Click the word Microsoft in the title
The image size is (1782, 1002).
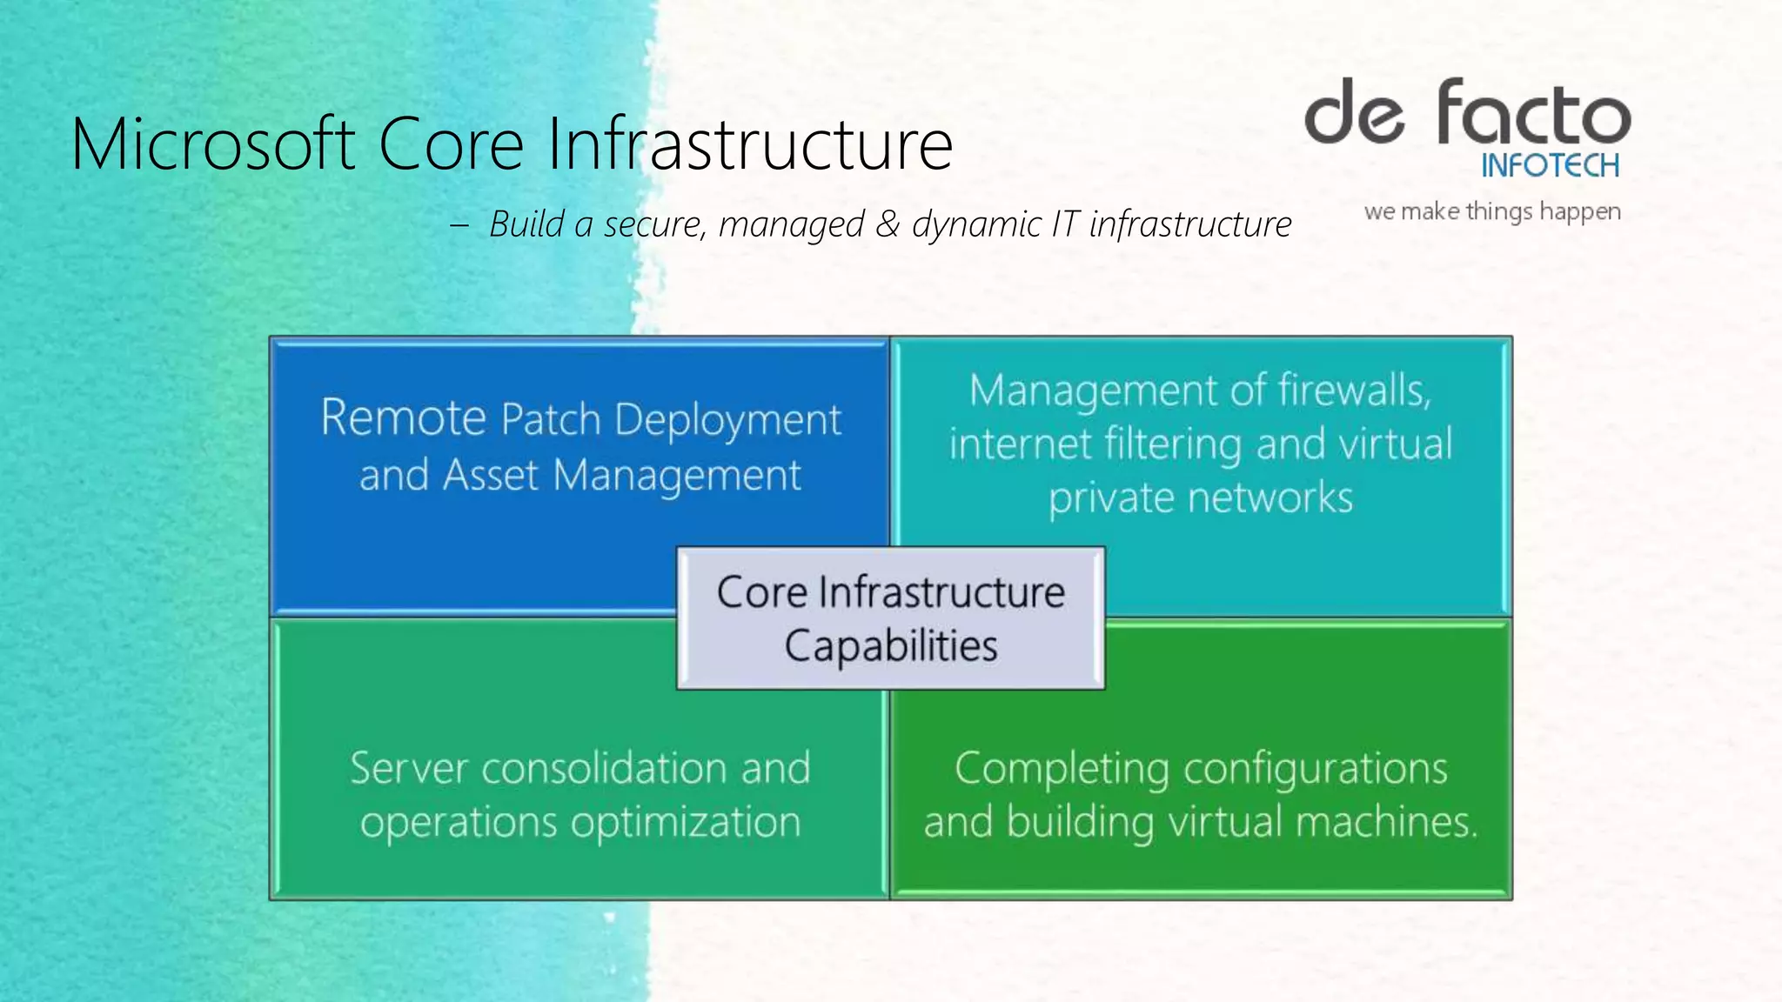click(x=213, y=144)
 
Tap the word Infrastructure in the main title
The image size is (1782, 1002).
click(x=750, y=144)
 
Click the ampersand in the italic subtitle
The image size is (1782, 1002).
click(x=888, y=224)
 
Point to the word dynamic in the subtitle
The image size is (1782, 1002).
click(x=975, y=224)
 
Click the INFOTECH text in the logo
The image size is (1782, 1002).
click(x=1550, y=165)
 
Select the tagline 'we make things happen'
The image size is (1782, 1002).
click(x=1492, y=211)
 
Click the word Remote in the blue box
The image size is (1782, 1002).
click(x=403, y=418)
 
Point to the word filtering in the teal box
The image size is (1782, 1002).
click(x=1174, y=445)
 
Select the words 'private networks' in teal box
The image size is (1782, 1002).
click(x=1201, y=498)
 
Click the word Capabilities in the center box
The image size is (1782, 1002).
click(x=891, y=646)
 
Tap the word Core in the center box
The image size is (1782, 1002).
click(x=762, y=592)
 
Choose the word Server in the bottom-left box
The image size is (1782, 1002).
click(x=409, y=769)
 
